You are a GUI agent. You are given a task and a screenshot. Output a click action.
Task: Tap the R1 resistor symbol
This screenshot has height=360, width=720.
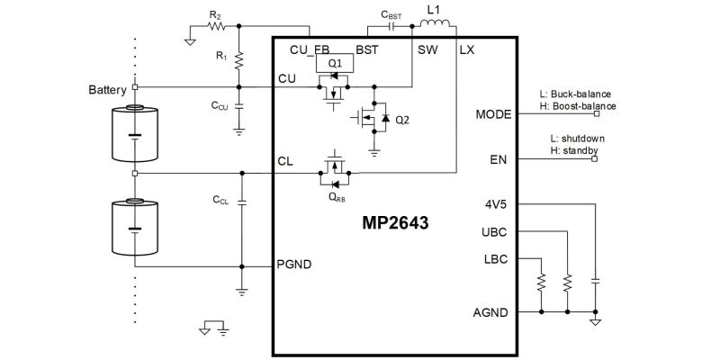click(x=239, y=59)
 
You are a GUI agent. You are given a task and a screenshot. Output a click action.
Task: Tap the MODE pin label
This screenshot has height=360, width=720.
click(x=494, y=114)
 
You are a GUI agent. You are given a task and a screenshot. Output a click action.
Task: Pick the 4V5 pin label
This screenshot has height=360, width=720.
click(x=496, y=204)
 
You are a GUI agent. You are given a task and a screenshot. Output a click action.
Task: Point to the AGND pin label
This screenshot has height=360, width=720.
click(x=491, y=312)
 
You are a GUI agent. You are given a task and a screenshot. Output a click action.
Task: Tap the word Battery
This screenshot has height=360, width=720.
click(x=108, y=91)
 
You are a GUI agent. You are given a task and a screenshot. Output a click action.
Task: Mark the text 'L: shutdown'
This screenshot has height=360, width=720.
click(x=576, y=139)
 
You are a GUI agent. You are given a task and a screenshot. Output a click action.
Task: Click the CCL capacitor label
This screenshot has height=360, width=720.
click(x=220, y=199)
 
